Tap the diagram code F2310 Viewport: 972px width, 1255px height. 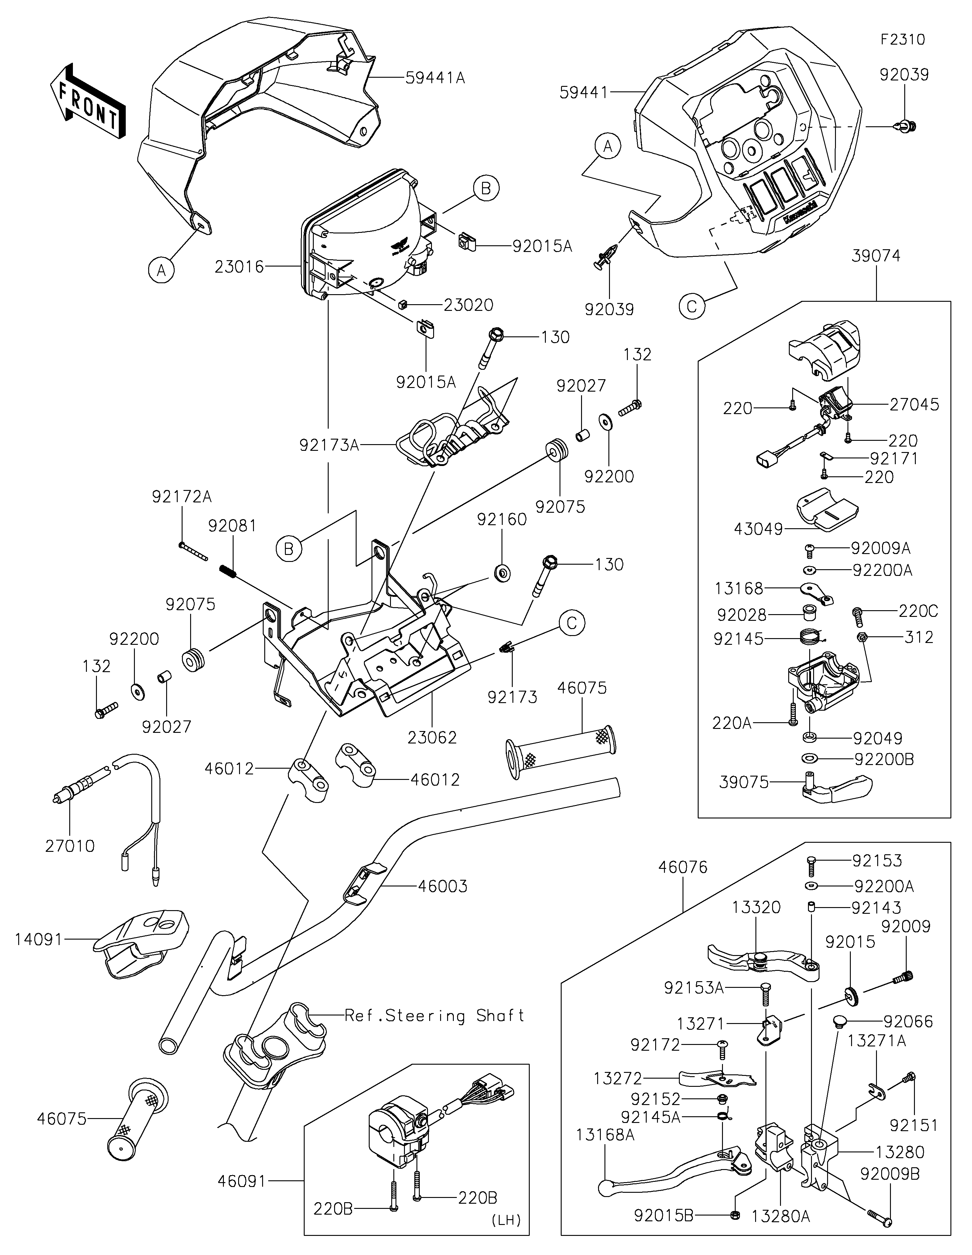[x=903, y=40]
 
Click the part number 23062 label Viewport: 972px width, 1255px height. [x=432, y=737]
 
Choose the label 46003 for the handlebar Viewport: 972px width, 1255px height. [x=443, y=886]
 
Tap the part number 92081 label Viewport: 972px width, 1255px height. [x=232, y=526]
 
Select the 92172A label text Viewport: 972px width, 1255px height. [x=182, y=496]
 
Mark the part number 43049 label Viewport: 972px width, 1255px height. [x=759, y=529]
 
